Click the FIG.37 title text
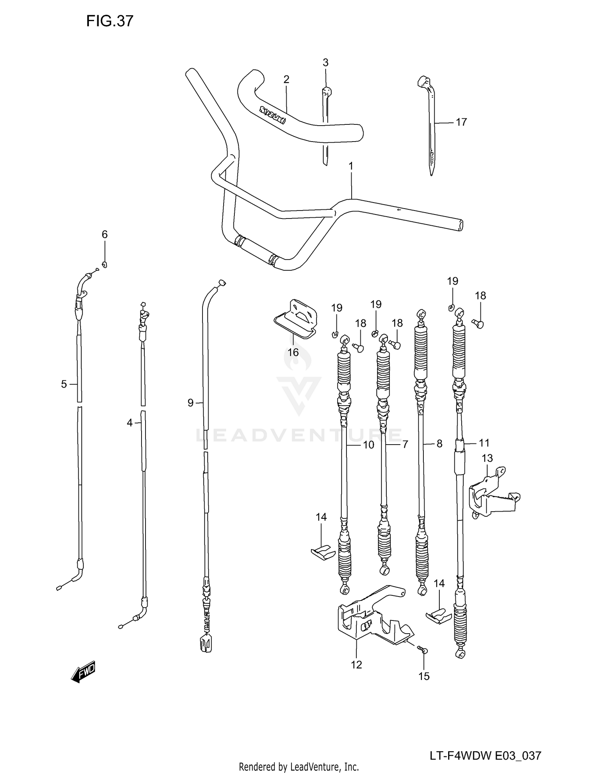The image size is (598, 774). (110, 21)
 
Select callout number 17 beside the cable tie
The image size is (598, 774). (461, 122)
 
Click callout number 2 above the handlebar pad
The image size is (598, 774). (286, 79)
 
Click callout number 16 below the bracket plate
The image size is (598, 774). (293, 353)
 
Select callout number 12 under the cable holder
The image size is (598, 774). (356, 665)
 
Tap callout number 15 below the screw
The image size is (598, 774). (424, 676)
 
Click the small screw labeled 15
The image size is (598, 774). (423, 650)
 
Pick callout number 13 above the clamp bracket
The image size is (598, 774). (487, 458)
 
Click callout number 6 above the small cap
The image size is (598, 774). (104, 234)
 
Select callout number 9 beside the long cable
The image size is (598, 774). (191, 403)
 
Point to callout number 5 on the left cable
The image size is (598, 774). (64, 384)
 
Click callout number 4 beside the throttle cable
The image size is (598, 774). (130, 423)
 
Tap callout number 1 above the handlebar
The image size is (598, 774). (351, 166)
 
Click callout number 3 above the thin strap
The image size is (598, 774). (325, 63)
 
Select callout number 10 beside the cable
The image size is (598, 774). (368, 445)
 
